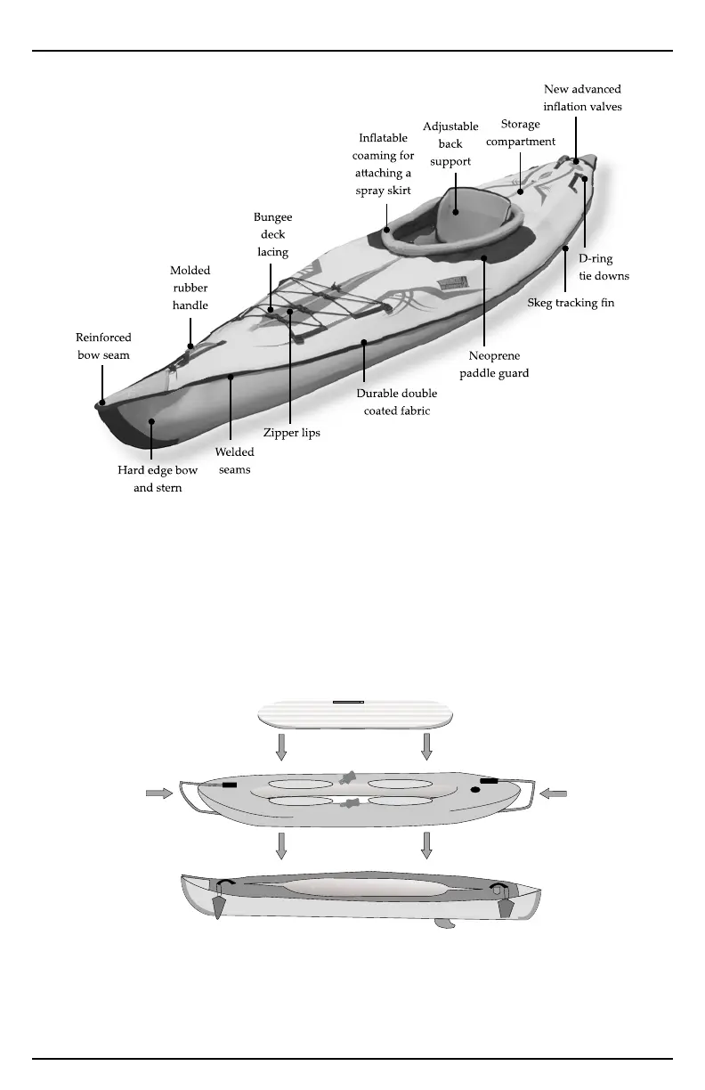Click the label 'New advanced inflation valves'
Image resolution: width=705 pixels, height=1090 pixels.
(582, 98)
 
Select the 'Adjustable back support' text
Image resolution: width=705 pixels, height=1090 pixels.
(450, 144)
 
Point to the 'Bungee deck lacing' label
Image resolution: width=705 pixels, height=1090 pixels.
(273, 234)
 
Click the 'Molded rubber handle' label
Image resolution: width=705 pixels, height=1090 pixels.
(190, 288)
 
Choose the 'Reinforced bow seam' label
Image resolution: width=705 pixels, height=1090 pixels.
(103, 346)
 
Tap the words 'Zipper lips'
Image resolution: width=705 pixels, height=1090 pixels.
(291, 433)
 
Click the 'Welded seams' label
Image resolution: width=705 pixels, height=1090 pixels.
(235, 460)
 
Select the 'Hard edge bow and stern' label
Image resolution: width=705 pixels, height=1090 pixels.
(158, 479)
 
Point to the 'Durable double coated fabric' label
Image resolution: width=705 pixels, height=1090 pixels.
(397, 402)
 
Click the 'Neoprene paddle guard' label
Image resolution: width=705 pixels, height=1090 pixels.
(494, 364)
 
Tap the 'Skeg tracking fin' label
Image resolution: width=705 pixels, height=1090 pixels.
(571, 303)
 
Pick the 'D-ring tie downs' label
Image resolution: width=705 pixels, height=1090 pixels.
(604, 267)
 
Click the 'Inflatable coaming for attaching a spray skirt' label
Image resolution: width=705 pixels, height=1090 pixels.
(384, 165)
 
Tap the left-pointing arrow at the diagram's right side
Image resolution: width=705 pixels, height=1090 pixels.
(553, 793)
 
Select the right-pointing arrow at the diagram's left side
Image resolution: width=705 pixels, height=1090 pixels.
(159, 793)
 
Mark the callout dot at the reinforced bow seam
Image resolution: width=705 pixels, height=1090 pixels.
(102, 402)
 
